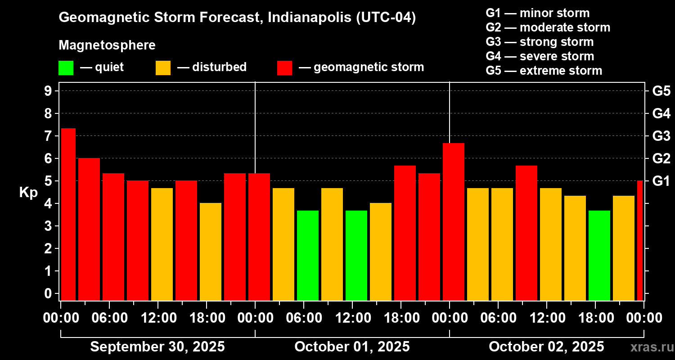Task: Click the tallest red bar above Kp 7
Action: (x=68, y=214)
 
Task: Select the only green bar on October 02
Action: (x=599, y=255)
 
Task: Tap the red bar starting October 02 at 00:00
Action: (x=454, y=221)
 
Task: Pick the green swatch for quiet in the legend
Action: (x=66, y=67)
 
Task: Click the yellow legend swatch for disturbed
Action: (x=163, y=67)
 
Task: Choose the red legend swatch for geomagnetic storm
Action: (x=284, y=67)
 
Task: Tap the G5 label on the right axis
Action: (x=661, y=91)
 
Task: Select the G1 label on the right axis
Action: (x=661, y=181)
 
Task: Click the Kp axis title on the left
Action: (x=28, y=192)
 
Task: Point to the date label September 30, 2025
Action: (x=157, y=347)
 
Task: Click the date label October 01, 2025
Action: (x=352, y=347)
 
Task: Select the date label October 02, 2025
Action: (x=546, y=347)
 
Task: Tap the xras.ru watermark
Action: (x=649, y=347)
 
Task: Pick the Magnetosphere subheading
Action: (x=107, y=45)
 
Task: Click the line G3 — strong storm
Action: (x=540, y=42)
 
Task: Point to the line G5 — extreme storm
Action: (x=544, y=71)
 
